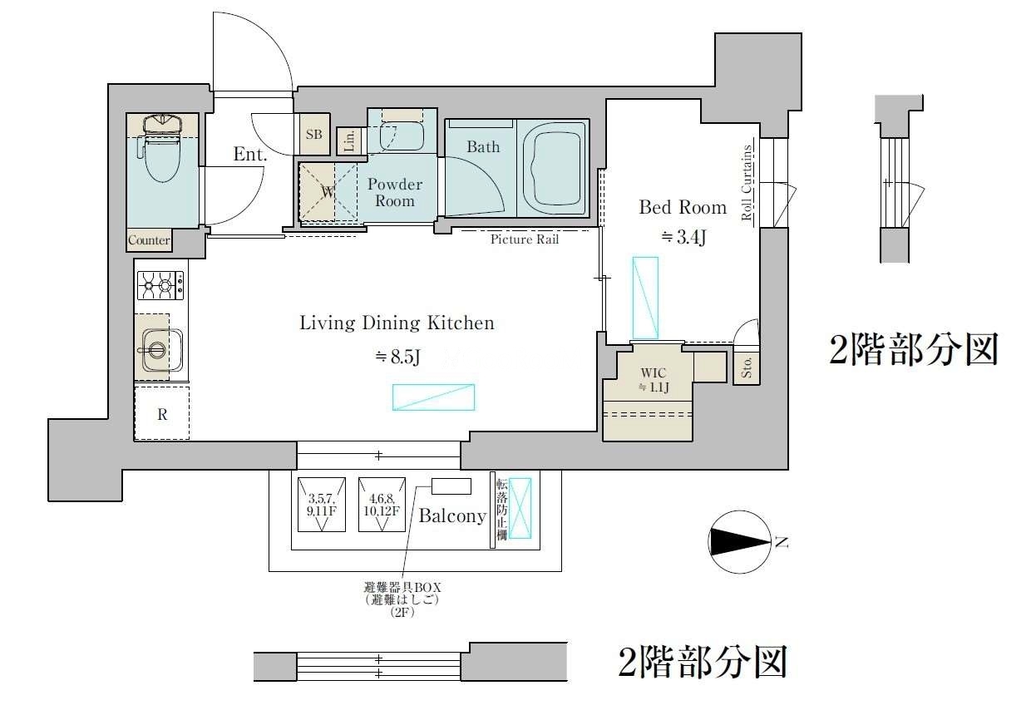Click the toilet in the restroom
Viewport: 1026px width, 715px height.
162,150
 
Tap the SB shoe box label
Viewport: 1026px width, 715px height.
314,134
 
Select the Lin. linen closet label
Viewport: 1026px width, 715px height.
349,141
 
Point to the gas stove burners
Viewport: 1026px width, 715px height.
160,285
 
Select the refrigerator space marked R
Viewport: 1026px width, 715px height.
161,413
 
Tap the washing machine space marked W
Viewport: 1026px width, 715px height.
328,191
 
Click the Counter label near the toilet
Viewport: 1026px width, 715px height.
149,240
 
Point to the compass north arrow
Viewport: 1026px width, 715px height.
740,542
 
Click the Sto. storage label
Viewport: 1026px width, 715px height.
747,367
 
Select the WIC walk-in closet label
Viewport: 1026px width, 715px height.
654,372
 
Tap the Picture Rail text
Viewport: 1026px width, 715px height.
525,239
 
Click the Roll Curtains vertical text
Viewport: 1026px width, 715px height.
747,182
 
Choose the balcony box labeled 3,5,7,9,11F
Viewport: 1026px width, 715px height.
322,505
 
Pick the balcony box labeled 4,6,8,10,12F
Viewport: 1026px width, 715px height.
382,505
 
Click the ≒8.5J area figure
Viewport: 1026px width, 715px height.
397,357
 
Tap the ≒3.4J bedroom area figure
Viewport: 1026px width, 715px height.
683,237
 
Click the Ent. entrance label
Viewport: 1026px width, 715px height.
250,154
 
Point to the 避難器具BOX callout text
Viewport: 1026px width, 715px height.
402,587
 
